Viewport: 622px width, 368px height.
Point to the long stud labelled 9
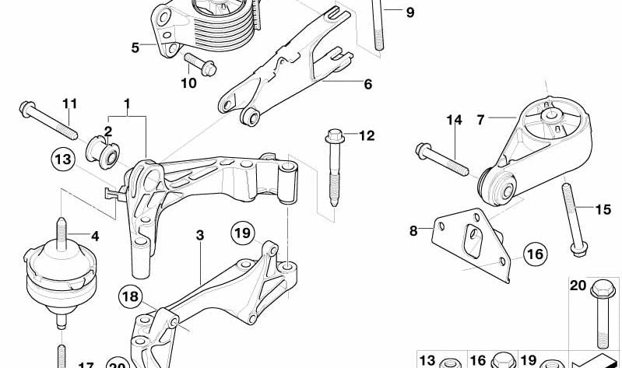[379, 27]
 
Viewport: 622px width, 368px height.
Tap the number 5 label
[135, 47]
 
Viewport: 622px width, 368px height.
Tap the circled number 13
[63, 161]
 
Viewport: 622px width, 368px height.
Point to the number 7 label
[480, 120]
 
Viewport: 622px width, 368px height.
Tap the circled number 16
[534, 254]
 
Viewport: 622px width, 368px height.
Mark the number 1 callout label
[126, 103]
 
